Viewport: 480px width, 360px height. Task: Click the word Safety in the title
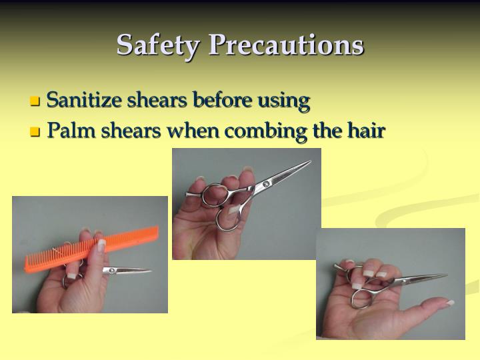click(x=158, y=45)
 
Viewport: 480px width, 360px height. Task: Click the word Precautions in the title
click(x=286, y=45)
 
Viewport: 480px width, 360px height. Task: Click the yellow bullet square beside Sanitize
click(x=35, y=102)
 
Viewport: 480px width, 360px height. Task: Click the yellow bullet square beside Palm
click(x=35, y=132)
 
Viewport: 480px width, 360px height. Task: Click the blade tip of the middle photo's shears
click(x=309, y=161)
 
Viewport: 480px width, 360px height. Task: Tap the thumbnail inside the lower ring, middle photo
click(x=233, y=215)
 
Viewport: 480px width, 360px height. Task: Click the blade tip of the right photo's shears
click(x=445, y=275)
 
